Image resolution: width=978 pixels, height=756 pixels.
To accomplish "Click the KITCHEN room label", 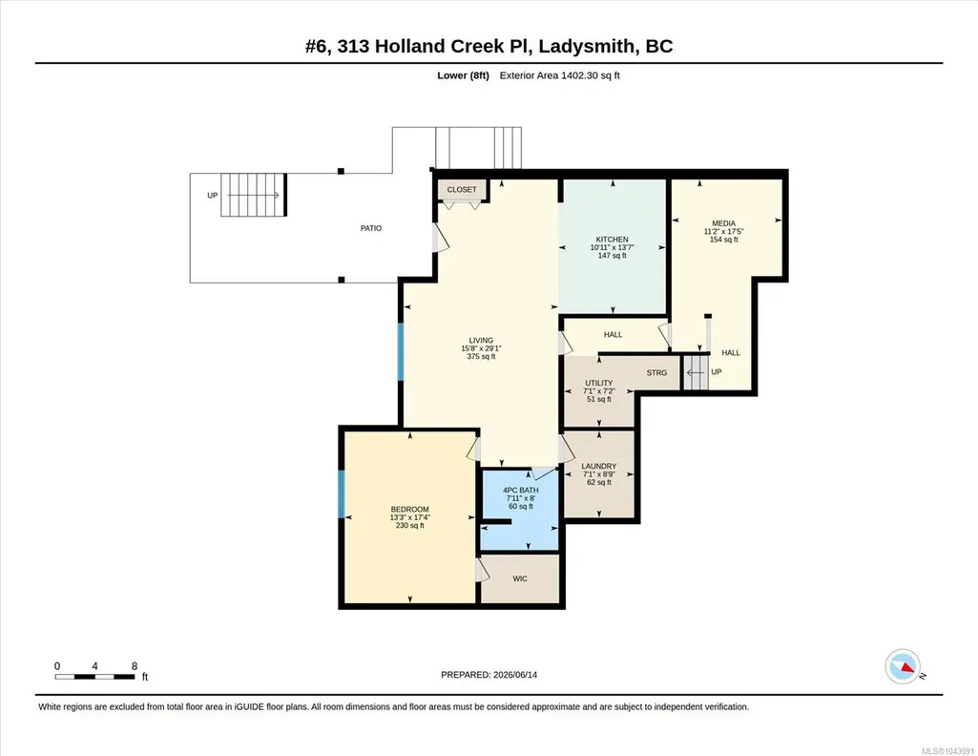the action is pos(612,240).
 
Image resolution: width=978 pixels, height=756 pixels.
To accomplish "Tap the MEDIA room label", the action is pos(723,223).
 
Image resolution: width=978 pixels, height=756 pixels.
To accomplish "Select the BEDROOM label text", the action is pos(409,510).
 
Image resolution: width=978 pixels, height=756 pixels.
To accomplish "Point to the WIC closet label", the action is pos(520,578).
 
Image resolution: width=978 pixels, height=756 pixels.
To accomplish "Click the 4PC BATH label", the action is pos(521,491).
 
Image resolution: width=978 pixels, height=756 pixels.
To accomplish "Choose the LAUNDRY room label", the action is pos(599,466).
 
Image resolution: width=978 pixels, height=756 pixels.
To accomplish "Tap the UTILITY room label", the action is pos(599,383).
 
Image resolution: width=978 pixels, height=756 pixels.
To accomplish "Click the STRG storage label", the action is pos(656,373).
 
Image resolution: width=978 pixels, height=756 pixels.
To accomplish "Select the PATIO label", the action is pos(371,228).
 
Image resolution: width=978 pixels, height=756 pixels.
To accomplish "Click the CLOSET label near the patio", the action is pos(462,190).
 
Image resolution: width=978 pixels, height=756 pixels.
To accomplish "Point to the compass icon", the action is pos(903,667).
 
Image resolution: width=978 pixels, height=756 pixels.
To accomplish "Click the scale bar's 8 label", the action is pos(135,666).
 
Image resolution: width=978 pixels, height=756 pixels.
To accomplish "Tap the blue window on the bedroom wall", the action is pos(342,494).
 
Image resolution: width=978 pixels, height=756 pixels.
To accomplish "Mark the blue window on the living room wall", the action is pos(401,352).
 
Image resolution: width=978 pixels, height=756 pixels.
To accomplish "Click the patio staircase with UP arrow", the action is pos(253,196).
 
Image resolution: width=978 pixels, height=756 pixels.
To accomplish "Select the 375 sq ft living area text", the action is pos(482,357).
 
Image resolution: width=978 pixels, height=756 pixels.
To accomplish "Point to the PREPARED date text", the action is pos(489,675).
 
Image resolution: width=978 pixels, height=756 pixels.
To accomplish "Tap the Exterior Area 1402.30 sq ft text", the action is pos(559,76).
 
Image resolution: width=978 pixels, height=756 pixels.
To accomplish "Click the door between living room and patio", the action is pos(440,239).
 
